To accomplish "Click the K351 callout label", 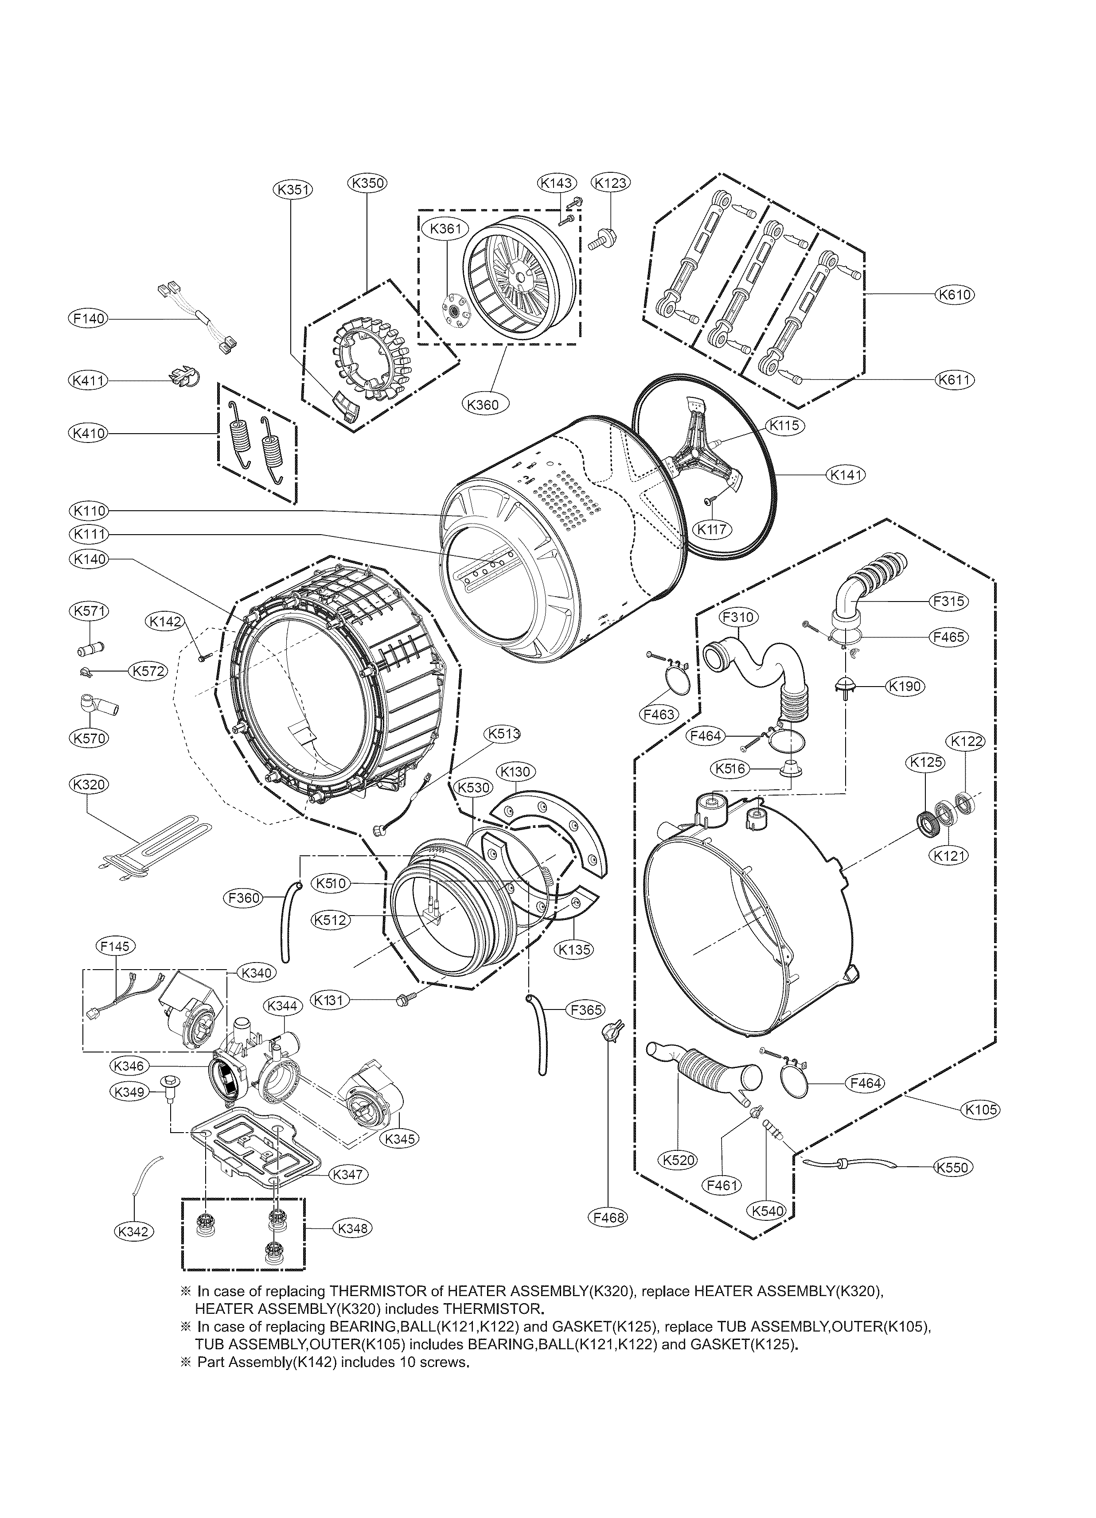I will click(293, 190).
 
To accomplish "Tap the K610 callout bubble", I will click(955, 295).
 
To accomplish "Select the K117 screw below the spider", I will click(710, 501).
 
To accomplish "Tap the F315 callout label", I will click(949, 601).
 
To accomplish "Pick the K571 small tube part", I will click(91, 648).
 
